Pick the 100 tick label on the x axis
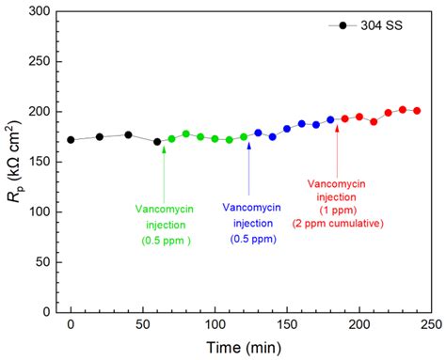215,325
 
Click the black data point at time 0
71,140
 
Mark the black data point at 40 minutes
128,134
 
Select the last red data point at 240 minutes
417,111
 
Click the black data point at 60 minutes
157,142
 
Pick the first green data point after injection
171,139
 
